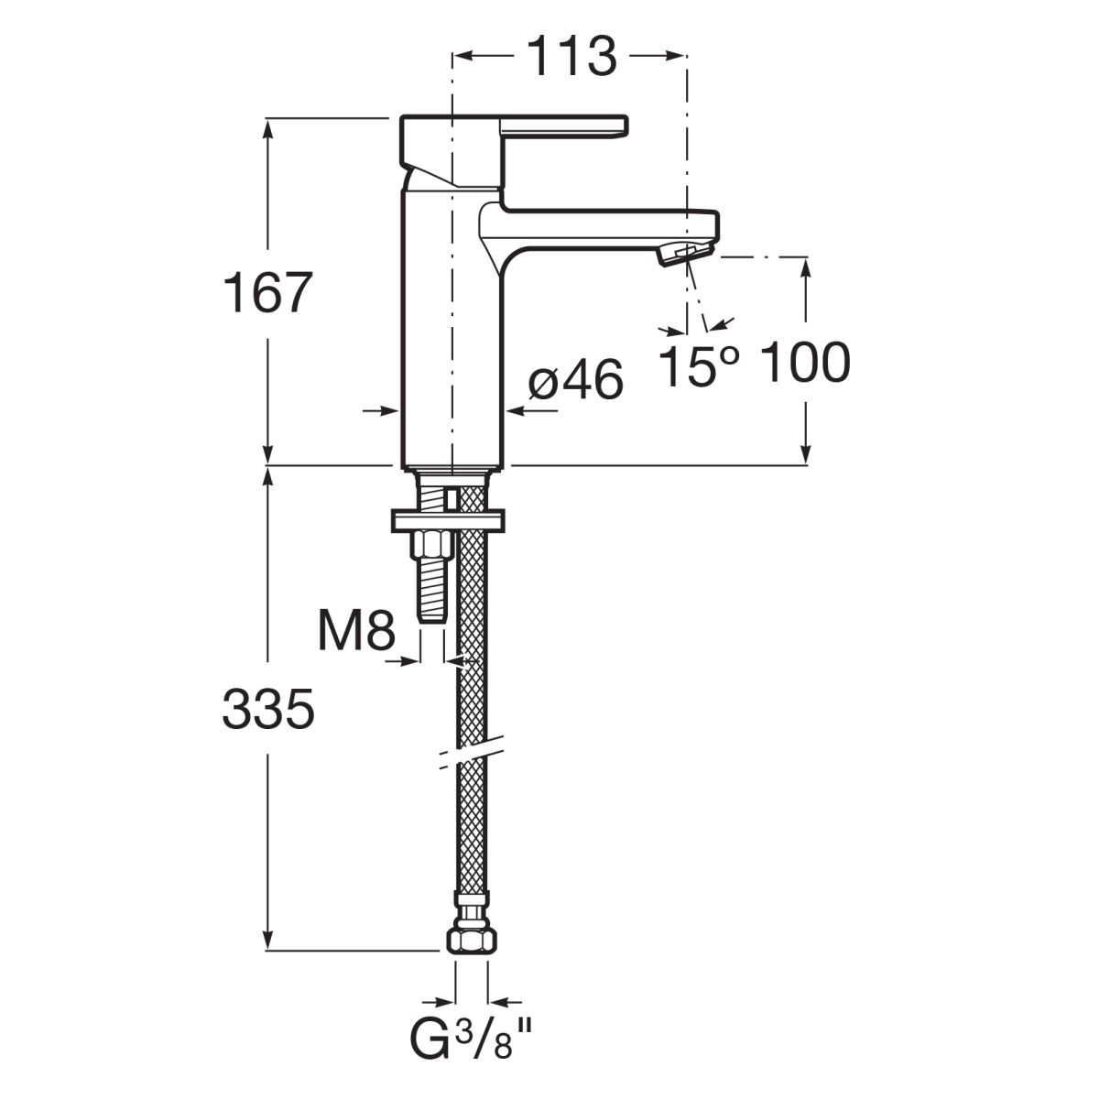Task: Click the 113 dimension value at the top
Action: pyautogui.click(x=571, y=57)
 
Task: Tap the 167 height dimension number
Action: pyautogui.click(x=267, y=292)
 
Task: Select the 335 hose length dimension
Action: pyautogui.click(x=268, y=708)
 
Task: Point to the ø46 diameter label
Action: pyautogui.click(x=575, y=380)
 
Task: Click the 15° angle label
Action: pyautogui.click(x=699, y=365)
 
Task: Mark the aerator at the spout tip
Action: pyautogui.click(x=686, y=252)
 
